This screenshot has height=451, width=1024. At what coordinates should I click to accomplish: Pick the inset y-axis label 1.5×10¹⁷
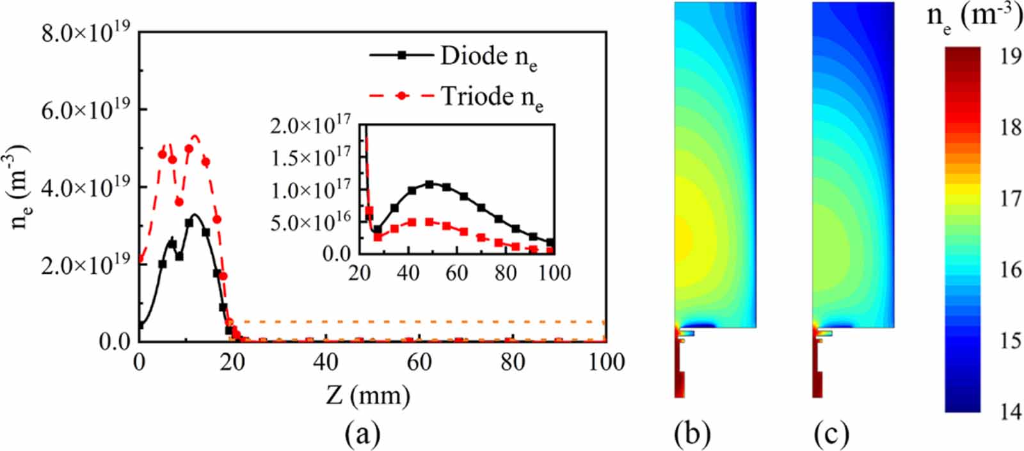310,157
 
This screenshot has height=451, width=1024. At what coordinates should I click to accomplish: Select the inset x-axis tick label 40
408,273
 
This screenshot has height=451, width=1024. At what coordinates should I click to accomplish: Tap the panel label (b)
692,434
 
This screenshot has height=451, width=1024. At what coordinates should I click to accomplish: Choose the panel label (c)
831,434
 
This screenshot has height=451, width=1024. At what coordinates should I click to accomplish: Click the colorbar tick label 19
1011,56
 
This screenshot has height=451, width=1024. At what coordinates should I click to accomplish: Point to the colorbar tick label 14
1011,411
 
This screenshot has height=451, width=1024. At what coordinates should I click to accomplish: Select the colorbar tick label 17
1011,199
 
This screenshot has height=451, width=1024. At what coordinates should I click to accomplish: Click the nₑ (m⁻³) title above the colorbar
974,18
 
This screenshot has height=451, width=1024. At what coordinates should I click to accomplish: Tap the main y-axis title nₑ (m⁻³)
20,187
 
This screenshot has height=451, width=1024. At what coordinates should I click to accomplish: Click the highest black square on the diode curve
189,223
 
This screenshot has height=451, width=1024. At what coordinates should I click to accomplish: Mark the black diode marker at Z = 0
140,326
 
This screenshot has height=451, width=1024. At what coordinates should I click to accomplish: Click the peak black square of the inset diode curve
429,184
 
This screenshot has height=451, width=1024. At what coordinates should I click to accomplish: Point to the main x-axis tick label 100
605,363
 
